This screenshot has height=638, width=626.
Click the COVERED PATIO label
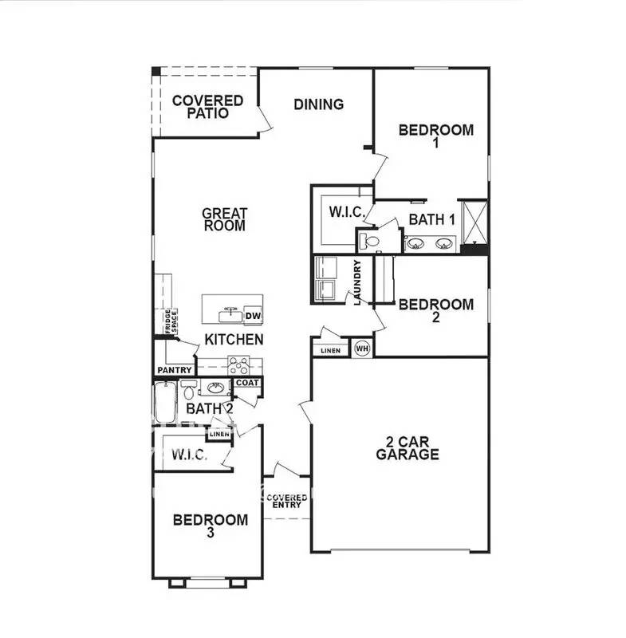[x=207, y=107]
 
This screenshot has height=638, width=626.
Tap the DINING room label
[x=318, y=104]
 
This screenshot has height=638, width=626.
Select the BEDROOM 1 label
[x=436, y=136]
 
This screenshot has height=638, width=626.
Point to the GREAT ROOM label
[x=224, y=219]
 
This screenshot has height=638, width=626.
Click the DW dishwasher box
[x=254, y=316]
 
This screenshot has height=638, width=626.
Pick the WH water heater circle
[x=361, y=348]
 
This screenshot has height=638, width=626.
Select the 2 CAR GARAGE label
[x=407, y=449]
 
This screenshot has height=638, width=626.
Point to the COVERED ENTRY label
[x=287, y=502]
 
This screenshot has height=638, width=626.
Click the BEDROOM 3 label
[x=210, y=526]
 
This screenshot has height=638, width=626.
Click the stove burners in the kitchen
[x=239, y=364]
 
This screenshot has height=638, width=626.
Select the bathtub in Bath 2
[x=166, y=403]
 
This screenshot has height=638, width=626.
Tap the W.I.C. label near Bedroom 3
[x=189, y=455]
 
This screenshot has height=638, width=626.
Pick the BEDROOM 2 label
[x=436, y=310]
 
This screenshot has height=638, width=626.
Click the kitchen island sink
[x=230, y=309]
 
